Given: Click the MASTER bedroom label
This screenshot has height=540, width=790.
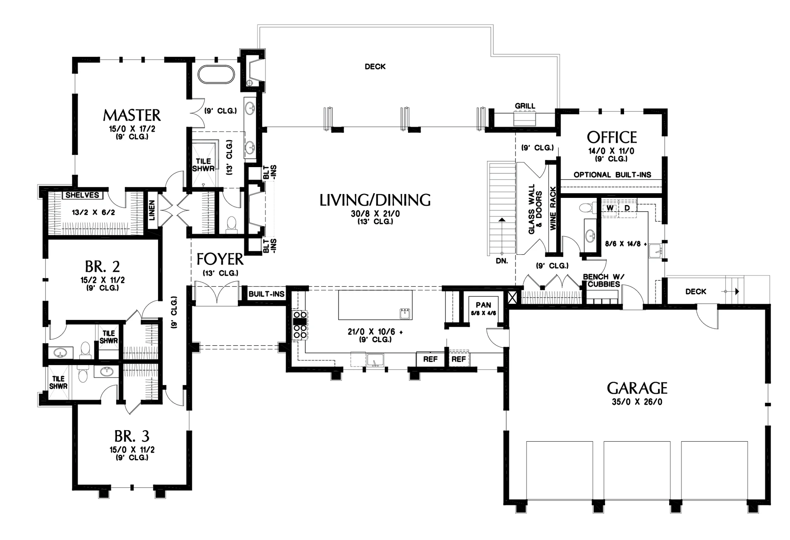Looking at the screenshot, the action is (x=132, y=115).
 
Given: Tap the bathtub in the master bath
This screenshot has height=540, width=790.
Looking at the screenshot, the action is (x=216, y=74).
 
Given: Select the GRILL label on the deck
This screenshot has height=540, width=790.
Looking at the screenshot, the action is (x=525, y=106).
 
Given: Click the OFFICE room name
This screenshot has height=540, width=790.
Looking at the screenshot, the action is (x=612, y=137).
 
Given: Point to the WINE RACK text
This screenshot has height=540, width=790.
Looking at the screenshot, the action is (x=553, y=208).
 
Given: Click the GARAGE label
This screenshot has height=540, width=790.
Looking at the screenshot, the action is (x=637, y=388).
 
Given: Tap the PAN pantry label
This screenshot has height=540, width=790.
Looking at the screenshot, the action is (x=483, y=305).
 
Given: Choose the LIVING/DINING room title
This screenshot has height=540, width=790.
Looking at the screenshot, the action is (x=375, y=200).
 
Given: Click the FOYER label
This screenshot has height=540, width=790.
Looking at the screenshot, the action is (x=220, y=260).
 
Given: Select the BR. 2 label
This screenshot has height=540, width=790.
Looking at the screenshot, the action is (x=102, y=267).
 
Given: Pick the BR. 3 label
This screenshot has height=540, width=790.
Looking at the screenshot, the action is (x=132, y=437).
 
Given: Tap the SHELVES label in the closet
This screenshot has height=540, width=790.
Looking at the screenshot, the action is (x=82, y=195).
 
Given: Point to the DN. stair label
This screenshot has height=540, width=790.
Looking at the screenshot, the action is (x=502, y=261).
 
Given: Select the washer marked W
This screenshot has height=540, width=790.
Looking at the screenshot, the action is (x=610, y=208).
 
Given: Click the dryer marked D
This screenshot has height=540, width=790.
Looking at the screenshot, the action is (x=627, y=208).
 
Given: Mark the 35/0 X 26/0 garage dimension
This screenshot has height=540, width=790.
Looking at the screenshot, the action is (x=637, y=402).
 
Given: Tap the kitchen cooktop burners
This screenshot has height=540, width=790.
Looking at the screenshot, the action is (x=300, y=325).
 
